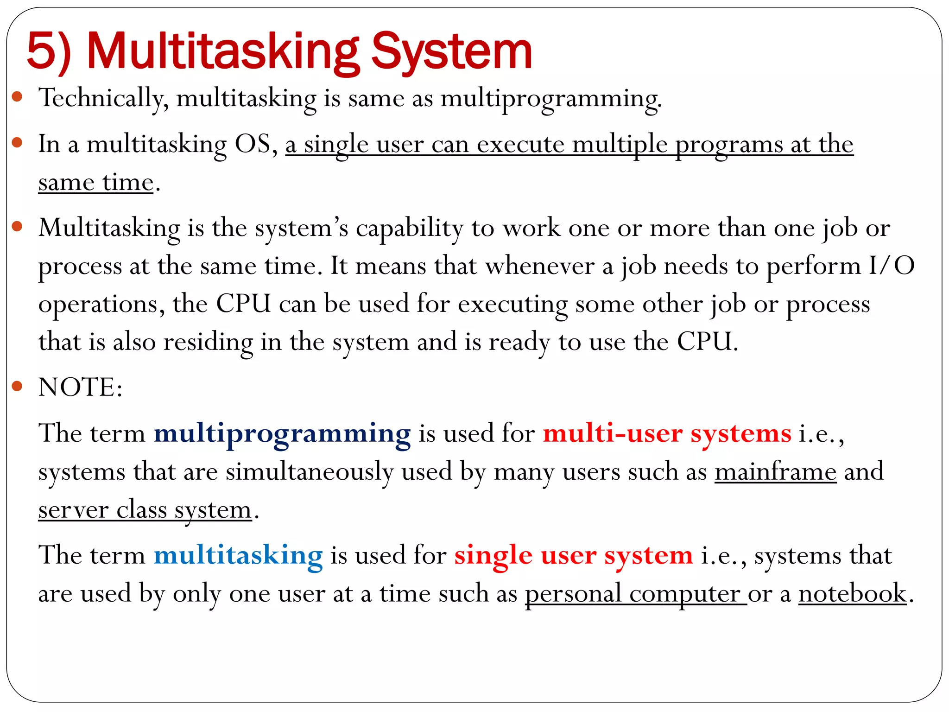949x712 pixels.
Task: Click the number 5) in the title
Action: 49,51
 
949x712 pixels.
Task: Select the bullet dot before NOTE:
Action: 17,386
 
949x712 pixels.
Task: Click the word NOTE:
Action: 80,387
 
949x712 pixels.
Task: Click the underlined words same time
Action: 95,182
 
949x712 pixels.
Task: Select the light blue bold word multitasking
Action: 238,555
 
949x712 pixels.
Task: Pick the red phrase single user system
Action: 573,555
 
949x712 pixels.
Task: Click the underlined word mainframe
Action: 775,472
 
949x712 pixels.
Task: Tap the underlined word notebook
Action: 852,593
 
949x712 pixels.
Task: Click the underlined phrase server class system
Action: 145,510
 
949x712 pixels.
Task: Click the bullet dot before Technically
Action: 17,96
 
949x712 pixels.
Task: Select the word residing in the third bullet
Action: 208,342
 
